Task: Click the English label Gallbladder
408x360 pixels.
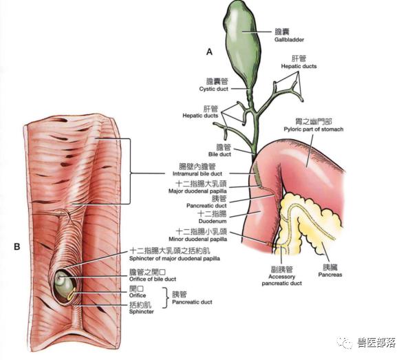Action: (x=289, y=40)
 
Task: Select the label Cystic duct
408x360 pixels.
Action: (x=213, y=89)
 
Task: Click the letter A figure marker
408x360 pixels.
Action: (x=209, y=52)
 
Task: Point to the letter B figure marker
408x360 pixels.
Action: (x=17, y=246)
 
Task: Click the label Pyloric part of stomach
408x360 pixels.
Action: (x=314, y=129)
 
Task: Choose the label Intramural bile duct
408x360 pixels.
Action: (x=197, y=173)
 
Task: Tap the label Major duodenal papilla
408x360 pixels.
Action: (x=197, y=191)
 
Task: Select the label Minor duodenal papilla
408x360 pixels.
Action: (x=197, y=239)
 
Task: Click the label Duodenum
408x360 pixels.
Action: (x=213, y=221)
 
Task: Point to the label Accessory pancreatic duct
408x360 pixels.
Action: (x=282, y=280)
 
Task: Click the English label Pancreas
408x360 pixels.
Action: (x=330, y=275)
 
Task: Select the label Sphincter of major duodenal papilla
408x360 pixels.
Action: (x=174, y=259)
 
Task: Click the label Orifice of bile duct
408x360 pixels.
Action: (x=153, y=279)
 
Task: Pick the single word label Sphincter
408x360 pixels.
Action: (x=141, y=312)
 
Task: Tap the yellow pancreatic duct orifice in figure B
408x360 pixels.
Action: (x=72, y=294)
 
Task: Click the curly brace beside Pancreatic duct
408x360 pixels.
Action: (x=165, y=298)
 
